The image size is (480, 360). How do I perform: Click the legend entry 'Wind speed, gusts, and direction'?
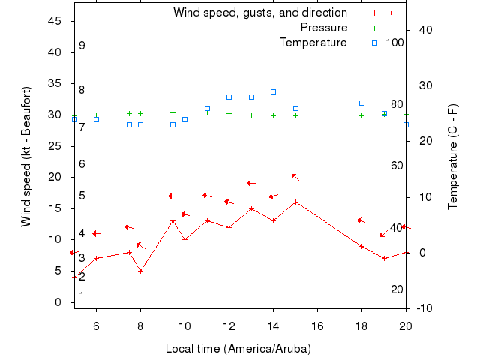pyautogui.click(x=259, y=13)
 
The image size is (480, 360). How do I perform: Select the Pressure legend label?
pyautogui.click(x=324, y=28)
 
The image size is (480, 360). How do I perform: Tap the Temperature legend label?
pyautogui.click(x=313, y=43)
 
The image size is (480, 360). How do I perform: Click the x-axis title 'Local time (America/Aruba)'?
pyautogui.click(x=238, y=349)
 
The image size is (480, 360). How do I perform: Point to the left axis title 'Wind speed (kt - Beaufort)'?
pyautogui.click(x=26, y=157)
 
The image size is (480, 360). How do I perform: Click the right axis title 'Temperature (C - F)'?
pyautogui.click(x=453, y=157)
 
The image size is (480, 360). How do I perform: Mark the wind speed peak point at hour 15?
pyautogui.click(x=295, y=202)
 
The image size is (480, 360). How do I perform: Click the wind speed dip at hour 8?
pyautogui.click(x=140, y=271)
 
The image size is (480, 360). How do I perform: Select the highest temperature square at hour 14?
pyautogui.click(x=273, y=91)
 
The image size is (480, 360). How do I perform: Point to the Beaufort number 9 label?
pyautogui.click(x=82, y=46)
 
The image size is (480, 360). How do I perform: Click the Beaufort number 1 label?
pyautogui.click(x=82, y=295)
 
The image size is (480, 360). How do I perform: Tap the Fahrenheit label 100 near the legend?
pyautogui.click(x=395, y=43)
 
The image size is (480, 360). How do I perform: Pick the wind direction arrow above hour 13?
pyautogui.click(x=252, y=183)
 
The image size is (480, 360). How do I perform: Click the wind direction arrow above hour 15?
pyautogui.click(x=295, y=177)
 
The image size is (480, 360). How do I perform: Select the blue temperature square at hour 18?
pyautogui.click(x=361, y=103)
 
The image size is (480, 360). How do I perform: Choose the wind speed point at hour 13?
pyautogui.click(x=251, y=208)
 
